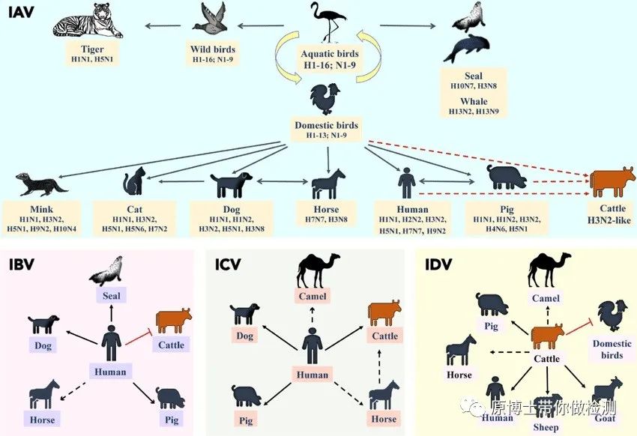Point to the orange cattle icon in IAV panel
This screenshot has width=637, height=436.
[612, 181]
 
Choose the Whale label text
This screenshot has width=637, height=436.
[474, 101]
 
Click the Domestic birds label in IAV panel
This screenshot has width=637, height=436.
[327, 125]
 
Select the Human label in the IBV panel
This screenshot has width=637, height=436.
[111, 371]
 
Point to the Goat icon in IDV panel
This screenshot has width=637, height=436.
[606, 390]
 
